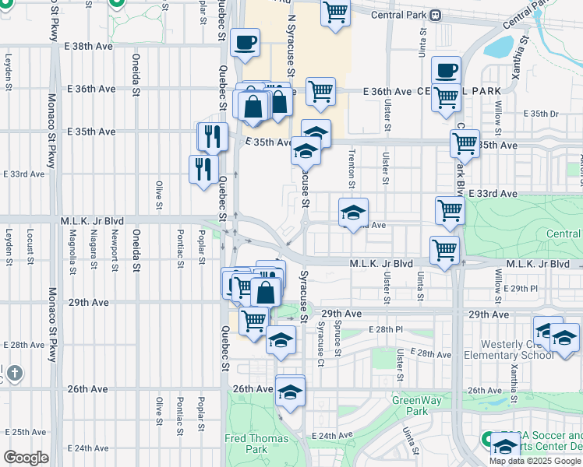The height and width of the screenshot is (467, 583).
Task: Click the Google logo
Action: pos(26,458)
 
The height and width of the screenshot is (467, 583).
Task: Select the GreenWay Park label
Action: pos(410,406)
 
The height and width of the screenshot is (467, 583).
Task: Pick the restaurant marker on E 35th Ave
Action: pos(212,136)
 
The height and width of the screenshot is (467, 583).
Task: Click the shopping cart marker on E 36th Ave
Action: pos(320,91)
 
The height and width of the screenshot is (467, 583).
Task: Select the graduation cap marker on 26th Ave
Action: pos(290,391)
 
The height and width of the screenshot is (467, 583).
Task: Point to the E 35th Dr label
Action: pos(542,114)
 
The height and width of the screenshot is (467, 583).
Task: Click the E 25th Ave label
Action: pos(23,432)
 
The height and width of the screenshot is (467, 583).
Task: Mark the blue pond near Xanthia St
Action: pos(499,47)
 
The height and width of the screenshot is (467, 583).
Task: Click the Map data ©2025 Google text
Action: pos(535,461)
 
